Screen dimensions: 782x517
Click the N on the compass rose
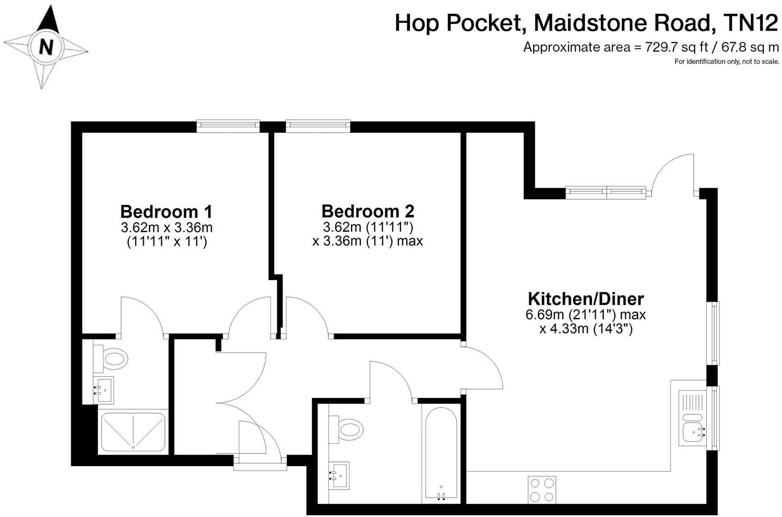click(x=46, y=47)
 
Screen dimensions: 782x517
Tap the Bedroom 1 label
click(x=166, y=211)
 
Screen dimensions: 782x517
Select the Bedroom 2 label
click(x=368, y=211)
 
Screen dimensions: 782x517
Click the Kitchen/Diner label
click(x=585, y=299)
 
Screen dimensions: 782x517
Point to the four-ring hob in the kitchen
click(x=542, y=490)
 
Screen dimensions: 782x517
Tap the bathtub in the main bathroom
click(x=441, y=454)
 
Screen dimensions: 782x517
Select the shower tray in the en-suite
click(x=133, y=432)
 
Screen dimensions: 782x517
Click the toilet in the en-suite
click(x=111, y=358)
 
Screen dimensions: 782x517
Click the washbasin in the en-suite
click(x=103, y=390)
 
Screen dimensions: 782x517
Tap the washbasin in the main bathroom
click(x=339, y=475)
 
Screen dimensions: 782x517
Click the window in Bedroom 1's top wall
click(x=228, y=126)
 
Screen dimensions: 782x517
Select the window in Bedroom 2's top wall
click(x=318, y=126)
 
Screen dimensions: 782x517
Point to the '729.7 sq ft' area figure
click(x=677, y=47)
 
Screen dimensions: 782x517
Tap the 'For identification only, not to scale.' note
click(x=727, y=62)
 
